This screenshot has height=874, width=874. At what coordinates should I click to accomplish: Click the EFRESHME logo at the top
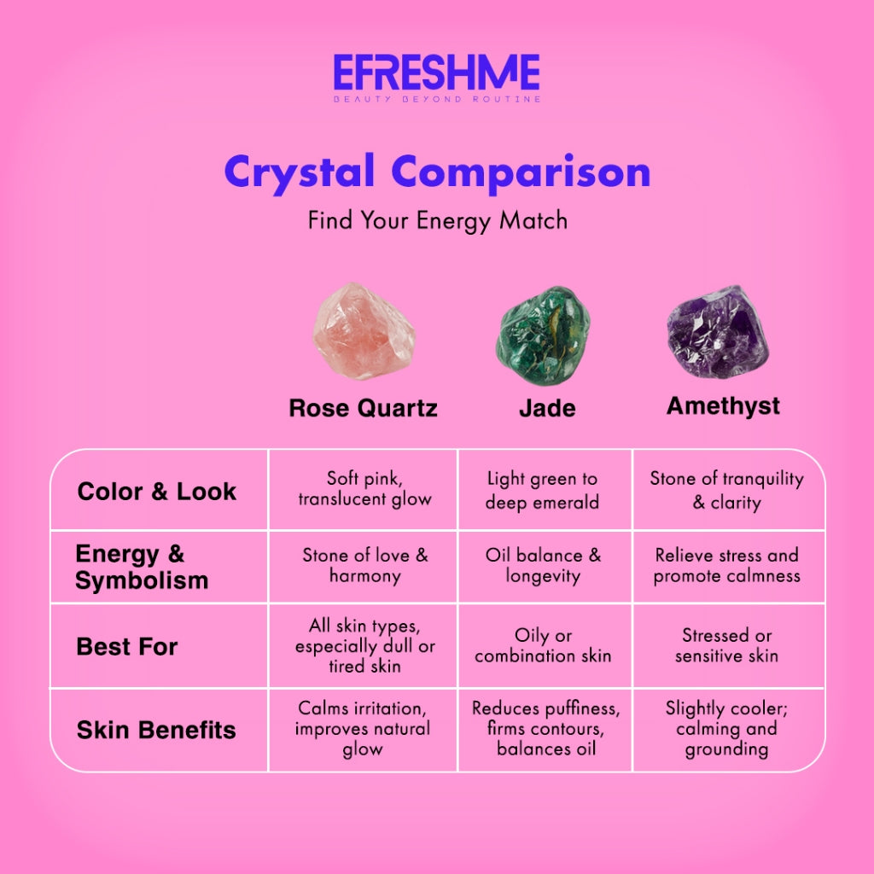coord(436,73)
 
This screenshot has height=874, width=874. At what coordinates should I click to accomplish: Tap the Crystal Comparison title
coord(437,172)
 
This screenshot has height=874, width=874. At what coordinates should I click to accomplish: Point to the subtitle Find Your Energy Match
coord(437,220)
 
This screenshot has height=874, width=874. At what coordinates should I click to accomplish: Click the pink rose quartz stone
coord(364,332)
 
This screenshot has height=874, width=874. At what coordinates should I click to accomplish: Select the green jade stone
coord(544,335)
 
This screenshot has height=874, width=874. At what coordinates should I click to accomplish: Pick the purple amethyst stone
coord(718,332)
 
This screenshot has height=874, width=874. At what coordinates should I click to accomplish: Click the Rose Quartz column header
coord(363,408)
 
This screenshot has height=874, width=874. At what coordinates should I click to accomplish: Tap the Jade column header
coord(547,408)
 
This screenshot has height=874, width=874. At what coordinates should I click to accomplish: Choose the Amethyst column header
coord(723,405)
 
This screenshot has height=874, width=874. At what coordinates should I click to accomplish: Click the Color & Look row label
coord(157,492)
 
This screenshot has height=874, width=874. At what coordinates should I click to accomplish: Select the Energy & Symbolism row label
coord(142,568)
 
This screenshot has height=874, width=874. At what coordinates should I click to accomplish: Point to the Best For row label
coord(127,646)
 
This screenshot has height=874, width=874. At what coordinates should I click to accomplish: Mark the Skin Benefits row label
coord(156,730)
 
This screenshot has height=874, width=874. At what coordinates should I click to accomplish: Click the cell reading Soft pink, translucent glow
coord(364,488)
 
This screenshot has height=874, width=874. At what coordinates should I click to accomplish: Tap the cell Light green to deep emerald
coord(542,490)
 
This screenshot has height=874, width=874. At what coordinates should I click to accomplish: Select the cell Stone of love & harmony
coord(365,565)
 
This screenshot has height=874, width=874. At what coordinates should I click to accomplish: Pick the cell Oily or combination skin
coord(543,645)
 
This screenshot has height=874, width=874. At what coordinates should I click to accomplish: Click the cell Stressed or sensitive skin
coord(726,645)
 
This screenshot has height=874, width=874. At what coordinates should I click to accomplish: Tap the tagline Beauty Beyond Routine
coord(436,100)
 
